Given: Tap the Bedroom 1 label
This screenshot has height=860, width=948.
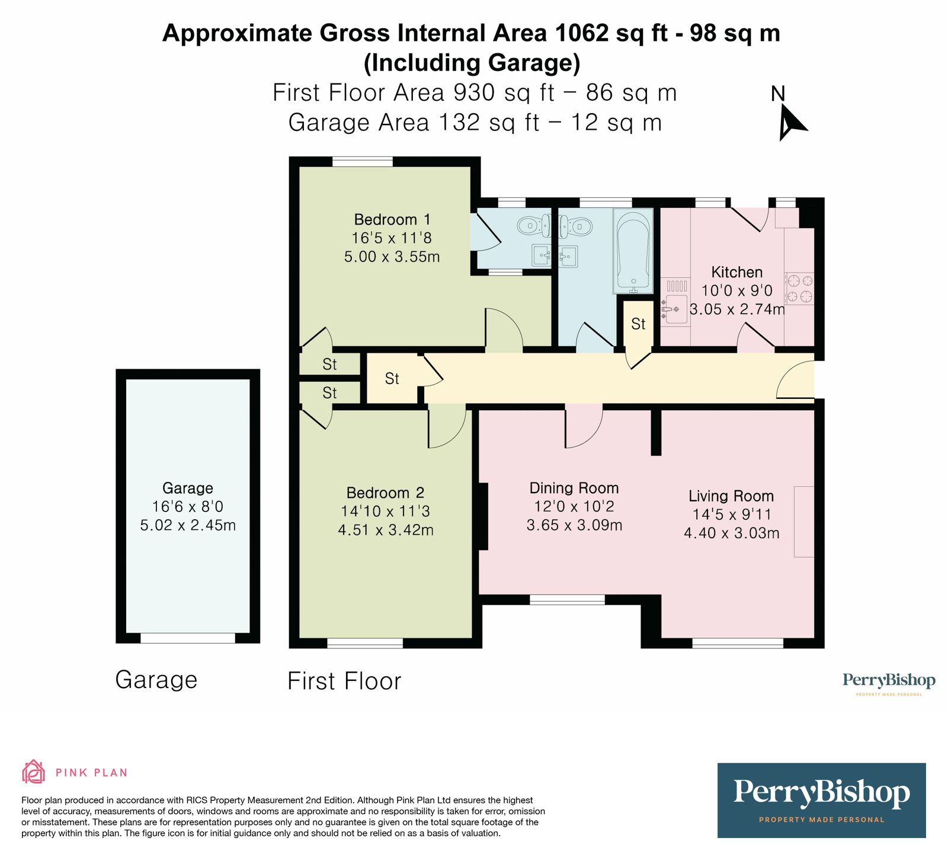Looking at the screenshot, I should pyautogui.click(x=392, y=220).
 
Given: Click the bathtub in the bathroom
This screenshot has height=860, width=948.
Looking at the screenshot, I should pyautogui.click(x=633, y=251).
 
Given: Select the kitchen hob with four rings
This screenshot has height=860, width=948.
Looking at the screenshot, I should pyautogui.click(x=799, y=289).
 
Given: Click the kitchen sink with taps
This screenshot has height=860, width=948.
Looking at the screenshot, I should pyautogui.click(x=675, y=309).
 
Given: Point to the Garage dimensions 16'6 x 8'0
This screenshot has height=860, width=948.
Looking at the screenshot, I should pyautogui.click(x=187, y=507).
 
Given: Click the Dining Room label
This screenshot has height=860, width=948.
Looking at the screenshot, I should pyautogui.click(x=574, y=488).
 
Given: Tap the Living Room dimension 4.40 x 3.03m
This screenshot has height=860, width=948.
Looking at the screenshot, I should pyautogui.click(x=731, y=533).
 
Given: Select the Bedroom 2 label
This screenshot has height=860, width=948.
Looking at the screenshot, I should pyautogui.click(x=385, y=493).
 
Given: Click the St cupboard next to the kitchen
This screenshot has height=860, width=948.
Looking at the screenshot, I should pyautogui.click(x=638, y=324).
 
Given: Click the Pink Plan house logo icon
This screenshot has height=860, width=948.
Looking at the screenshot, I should pyautogui.click(x=33, y=772).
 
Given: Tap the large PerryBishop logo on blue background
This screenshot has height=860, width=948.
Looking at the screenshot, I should pyautogui.click(x=821, y=800).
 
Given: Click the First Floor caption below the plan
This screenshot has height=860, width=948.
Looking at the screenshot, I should pyautogui.click(x=344, y=681).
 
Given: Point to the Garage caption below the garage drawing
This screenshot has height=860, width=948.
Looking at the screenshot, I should pyautogui.click(x=156, y=680).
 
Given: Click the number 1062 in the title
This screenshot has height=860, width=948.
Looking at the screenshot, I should pyautogui.click(x=582, y=33).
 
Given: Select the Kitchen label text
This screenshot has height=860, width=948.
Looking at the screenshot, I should pyautogui.click(x=736, y=273).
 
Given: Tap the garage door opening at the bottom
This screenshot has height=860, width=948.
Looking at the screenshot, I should pyautogui.click(x=187, y=638).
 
